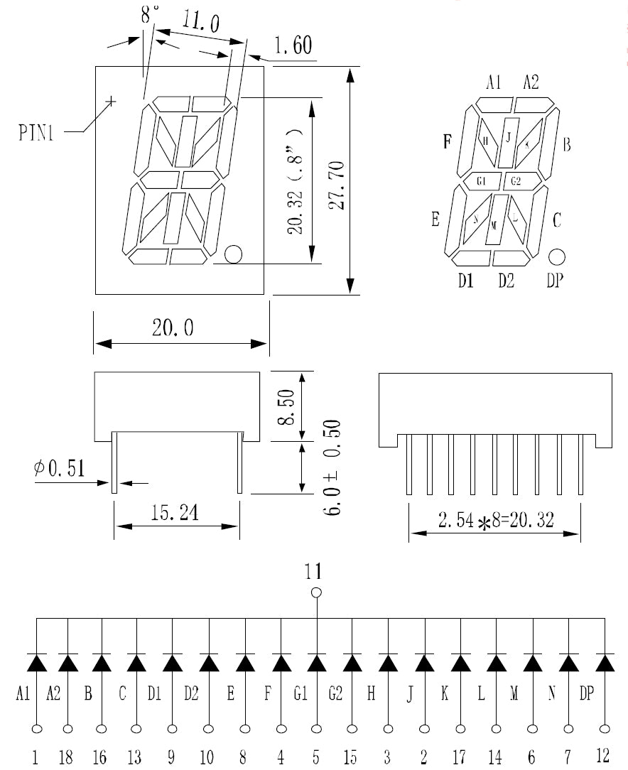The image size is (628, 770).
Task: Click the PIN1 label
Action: [36, 133]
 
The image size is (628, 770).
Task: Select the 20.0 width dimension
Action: [173, 327]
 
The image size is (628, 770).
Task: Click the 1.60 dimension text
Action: [292, 47]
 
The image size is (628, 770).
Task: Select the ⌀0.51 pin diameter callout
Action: [59, 468]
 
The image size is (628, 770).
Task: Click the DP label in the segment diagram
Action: [555, 281]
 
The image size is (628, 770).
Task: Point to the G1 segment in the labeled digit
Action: [481, 182]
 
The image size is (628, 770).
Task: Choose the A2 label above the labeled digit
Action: [531, 82]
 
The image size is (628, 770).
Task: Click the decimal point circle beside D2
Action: [556, 256]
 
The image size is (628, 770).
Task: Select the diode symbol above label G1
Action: [316, 662]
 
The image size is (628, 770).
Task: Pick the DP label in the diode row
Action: [586, 694]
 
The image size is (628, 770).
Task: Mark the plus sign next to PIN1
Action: [110, 102]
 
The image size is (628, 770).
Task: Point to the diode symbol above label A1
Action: [36, 662]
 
